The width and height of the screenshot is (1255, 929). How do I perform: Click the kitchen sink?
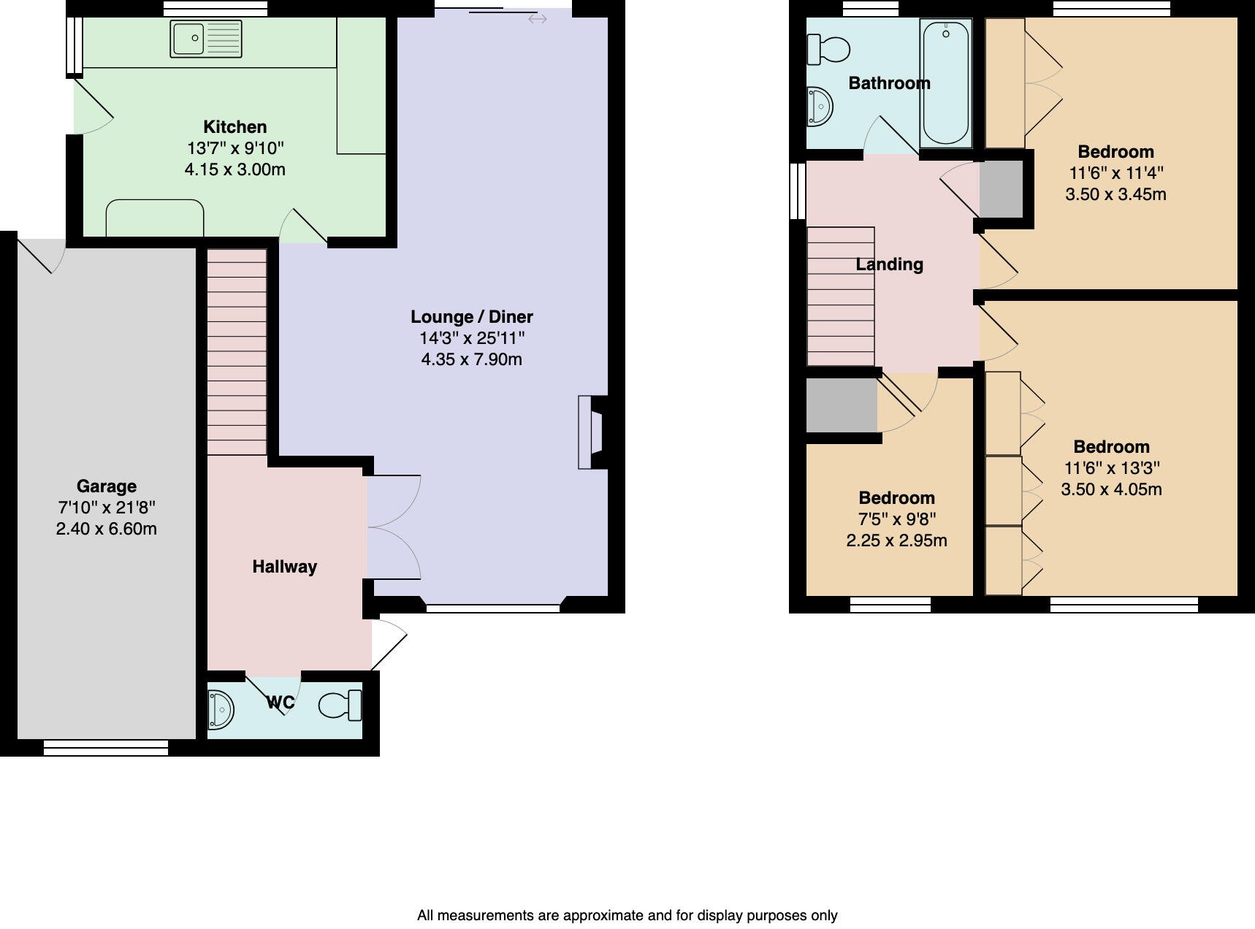coord(205,39)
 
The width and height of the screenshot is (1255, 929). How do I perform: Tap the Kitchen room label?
coord(234,126)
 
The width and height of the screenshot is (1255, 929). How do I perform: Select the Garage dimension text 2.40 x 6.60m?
coord(106,529)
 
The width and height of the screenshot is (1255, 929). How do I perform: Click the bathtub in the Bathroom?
coord(946,82)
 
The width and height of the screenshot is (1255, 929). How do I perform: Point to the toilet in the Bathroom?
coord(828,50)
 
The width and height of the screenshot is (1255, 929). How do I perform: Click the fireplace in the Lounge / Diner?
coord(592,432)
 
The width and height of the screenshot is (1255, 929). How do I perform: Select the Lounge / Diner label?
coord(471,316)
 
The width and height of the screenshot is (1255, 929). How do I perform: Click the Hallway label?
coord(284,567)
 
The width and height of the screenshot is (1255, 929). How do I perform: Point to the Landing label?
coord(889,264)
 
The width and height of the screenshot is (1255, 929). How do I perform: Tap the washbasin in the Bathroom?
coord(820,107)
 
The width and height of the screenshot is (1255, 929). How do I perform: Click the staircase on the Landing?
coord(840,297)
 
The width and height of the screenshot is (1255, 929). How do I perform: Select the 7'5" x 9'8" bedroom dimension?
coord(896,519)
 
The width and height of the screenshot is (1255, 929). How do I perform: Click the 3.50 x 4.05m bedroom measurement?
coord(1111,489)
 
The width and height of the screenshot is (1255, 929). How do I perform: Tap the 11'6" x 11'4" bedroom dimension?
coord(1115,173)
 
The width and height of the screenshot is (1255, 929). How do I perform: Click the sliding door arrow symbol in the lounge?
coord(537,19)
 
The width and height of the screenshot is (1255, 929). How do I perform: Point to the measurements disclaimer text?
coord(627,915)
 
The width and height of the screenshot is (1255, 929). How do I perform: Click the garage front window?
coord(106,748)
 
